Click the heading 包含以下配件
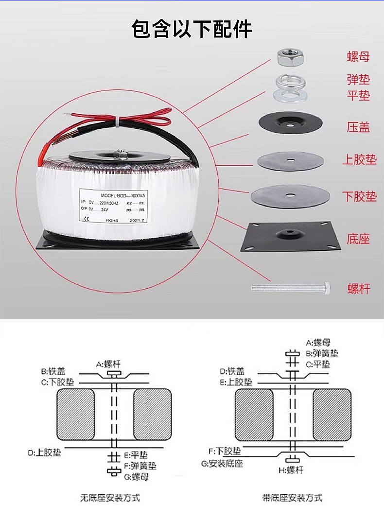click(192, 29)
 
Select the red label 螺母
click(358, 57)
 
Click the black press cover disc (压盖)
click(290, 123)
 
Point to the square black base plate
click(290, 237)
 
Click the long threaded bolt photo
click(290, 288)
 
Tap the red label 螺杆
click(359, 289)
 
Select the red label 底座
click(359, 239)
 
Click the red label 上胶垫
click(359, 159)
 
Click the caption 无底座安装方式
click(110, 498)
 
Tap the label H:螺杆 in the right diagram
click(291, 470)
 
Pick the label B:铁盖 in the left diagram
click(53, 371)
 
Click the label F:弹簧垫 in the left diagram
click(140, 466)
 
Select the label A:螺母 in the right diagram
click(321, 343)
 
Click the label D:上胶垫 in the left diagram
click(44, 452)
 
